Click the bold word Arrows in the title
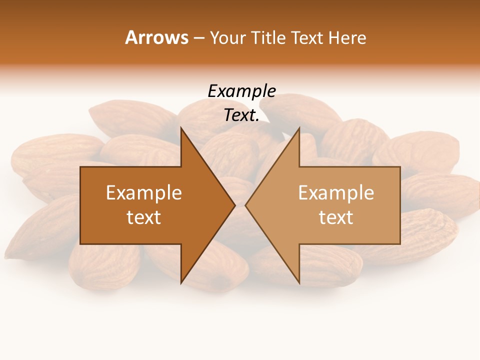156,37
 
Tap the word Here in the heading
346,37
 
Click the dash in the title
198,38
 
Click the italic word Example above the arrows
241,91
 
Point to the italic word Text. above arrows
241,115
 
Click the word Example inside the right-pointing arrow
144,192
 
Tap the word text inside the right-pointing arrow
144,217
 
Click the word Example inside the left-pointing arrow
336,192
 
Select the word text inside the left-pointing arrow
336,217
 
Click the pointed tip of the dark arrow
235,205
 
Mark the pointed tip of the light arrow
245,205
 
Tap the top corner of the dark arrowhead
181,128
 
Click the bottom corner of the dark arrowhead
181,283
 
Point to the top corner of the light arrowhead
299,128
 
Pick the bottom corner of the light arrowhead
299,283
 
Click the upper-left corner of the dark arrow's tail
80,167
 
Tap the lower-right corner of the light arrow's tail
400,244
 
